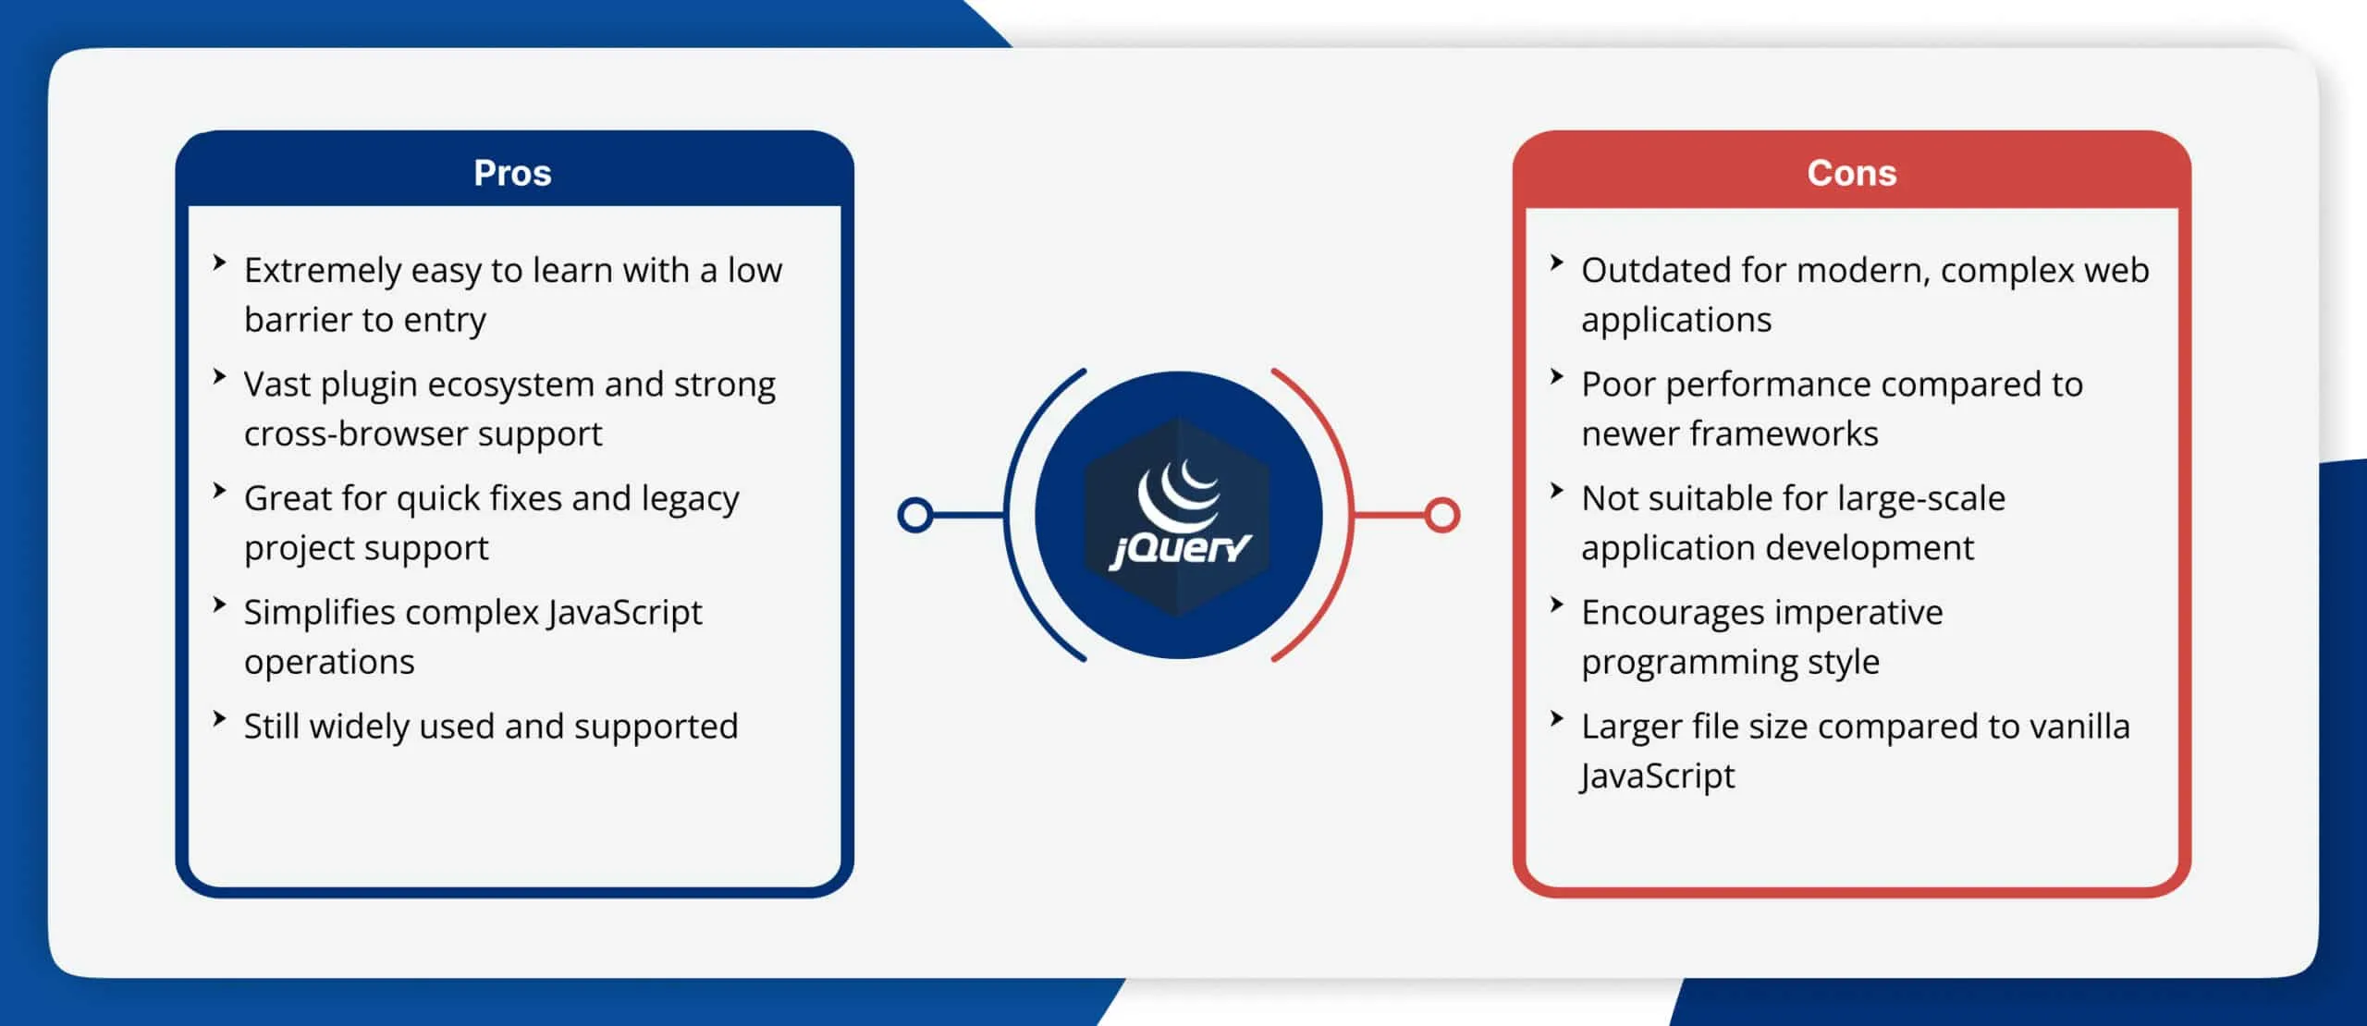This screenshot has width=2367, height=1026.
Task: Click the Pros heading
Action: pyautogui.click(x=512, y=173)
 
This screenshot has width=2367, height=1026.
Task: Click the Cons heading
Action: pyautogui.click(x=1851, y=173)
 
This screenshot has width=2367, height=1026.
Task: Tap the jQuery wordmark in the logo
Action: pyautogui.click(x=1180, y=549)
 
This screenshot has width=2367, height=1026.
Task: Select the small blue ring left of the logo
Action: pyautogui.click(x=914, y=515)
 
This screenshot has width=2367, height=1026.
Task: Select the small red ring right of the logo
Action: pyautogui.click(x=1441, y=515)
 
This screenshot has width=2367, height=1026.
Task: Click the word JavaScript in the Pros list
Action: pyautogui.click(x=624, y=613)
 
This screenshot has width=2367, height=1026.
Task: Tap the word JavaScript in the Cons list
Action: pyautogui.click(x=1657, y=776)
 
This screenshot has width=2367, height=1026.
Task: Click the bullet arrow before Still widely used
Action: pyautogui.click(x=219, y=719)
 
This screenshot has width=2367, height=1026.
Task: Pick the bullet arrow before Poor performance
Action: pyautogui.click(x=1556, y=377)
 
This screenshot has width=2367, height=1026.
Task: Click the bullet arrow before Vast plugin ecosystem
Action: pyautogui.click(x=219, y=377)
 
